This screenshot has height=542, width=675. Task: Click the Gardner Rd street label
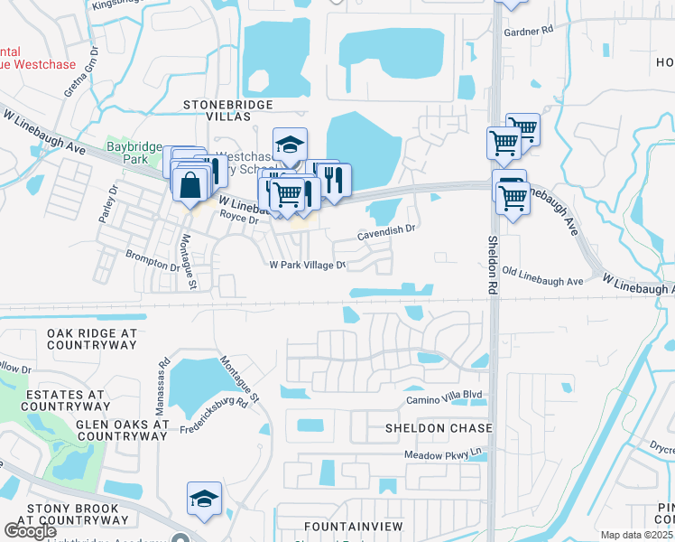coord(529,31)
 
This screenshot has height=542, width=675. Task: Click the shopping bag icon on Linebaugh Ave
coord(192,186)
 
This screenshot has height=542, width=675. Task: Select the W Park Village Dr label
coord(308,265)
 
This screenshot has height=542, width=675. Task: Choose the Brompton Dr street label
coord(152,262)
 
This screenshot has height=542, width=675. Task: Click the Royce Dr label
coord(239,220)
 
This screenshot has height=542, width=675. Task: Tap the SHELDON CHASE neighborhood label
coord(439,427)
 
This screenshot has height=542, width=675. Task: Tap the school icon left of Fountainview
coord(204,498)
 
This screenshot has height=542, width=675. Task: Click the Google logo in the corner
coord(30,530)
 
